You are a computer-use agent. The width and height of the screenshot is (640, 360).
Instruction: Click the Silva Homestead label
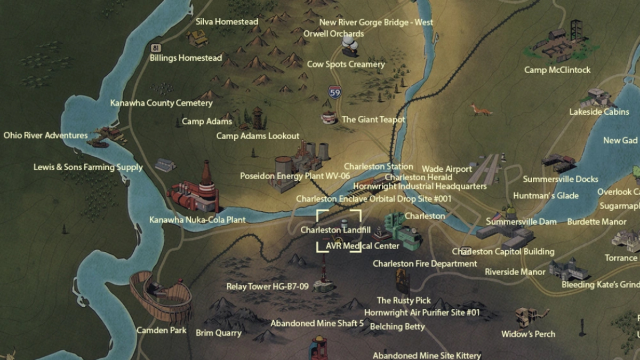pyautogui.click(x=227, y=22)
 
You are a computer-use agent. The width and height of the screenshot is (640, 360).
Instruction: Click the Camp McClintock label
pyautogui.click(x=557, y=70)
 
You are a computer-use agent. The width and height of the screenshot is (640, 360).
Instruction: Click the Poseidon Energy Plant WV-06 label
pyautogui.click(x=295, y=176)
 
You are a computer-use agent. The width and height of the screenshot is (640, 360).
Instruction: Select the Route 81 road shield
pyautogui.click(x=154, y=49)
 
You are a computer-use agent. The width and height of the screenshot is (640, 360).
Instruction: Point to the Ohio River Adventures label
pyautogui.click(x=45, y=135)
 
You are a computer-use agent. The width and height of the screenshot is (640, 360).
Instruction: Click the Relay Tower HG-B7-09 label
pyautogui.click(x=267, y=286)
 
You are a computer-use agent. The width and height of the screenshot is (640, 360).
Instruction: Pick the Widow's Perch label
pyautogui.click(x=528, y=334)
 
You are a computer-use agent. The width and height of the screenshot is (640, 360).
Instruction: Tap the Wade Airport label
pyautogui.click(x=447, y=169)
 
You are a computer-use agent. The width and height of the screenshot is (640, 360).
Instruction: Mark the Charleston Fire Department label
pyautogui.click(x=425, y=263)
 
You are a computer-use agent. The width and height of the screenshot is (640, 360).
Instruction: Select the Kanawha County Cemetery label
pyautogui.click(x=161, y=103)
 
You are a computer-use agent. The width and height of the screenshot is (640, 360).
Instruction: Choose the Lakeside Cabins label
pyautogui.click(x=599, y=112)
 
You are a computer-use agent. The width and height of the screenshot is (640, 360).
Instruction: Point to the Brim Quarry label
pyautogui.click(x=219, y=333)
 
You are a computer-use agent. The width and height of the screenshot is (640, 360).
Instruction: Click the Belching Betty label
pyautogui.click(x=397, y=326)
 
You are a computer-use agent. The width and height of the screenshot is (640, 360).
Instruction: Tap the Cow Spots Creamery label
pyautogui.click(x=346, y=64)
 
